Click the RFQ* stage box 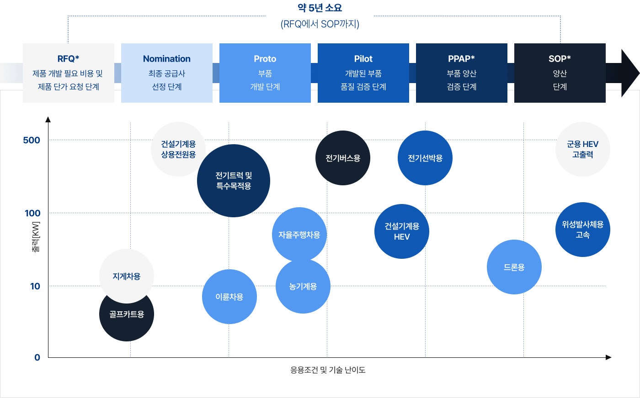69,73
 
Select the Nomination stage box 167,73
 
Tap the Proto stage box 265,73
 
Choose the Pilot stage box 363,73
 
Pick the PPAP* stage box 462,73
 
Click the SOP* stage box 560,73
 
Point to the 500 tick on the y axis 32,140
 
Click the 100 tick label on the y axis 32,213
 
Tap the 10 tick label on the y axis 35,286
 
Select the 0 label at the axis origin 37,357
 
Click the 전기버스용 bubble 343,158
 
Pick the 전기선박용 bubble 425,158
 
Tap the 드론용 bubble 514,267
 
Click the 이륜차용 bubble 229,297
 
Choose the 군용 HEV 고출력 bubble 583,149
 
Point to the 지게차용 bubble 127,276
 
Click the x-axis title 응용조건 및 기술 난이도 328,370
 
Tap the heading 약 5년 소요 320,8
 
